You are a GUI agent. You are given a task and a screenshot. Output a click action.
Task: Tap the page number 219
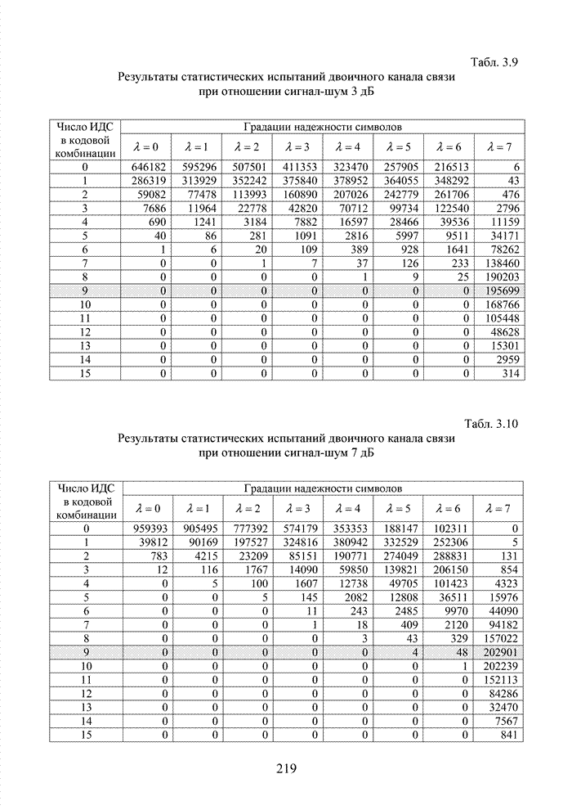coord(285,767)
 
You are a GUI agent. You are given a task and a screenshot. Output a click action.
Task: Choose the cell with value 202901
coord(501,653)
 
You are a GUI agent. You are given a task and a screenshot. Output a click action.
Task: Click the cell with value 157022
coord(501,639)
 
